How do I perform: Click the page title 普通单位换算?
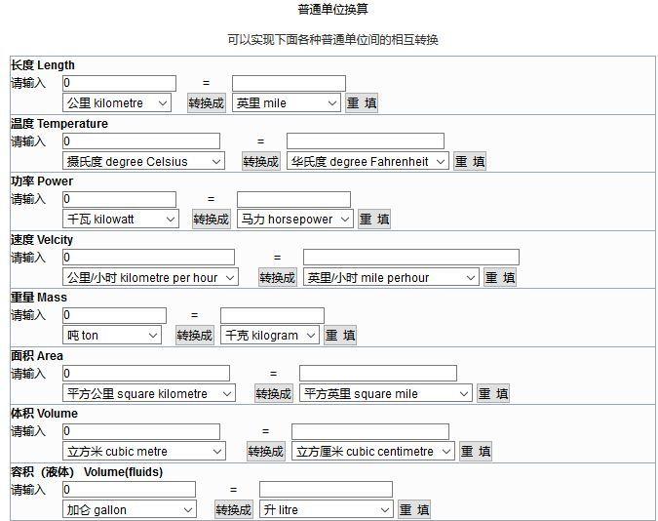[332, 9]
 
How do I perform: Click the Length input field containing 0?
[120, 83]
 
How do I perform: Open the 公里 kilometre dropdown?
[117, 103]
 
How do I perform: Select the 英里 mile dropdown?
[286, 103]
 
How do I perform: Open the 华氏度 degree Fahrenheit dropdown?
[368, 161]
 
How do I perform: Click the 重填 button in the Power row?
[374, 220]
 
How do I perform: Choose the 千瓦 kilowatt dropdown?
[121, 219]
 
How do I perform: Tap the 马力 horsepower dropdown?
[295, 219]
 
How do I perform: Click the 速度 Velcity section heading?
[42, 239]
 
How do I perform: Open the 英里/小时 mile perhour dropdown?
[391, 277]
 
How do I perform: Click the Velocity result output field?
[411, 258]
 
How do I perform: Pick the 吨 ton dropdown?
[112, 336]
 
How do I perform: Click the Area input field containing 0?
[146, 373]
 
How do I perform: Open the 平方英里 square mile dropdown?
[386, 394]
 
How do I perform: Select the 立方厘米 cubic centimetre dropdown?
[373, 452]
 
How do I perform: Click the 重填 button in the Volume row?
[476, 452]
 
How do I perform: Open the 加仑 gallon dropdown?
[130, 509]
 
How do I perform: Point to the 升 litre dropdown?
[327, 509]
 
